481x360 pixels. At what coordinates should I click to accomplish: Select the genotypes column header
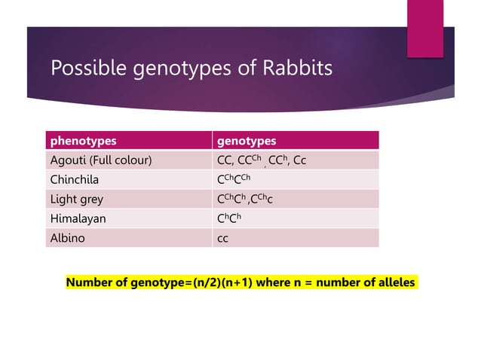246,141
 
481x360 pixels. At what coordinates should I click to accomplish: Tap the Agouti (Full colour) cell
101,160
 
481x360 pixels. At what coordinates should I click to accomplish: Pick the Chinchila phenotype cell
75,180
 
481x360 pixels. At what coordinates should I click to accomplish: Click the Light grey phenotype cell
76,200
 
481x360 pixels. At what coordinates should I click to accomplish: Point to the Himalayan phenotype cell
78,219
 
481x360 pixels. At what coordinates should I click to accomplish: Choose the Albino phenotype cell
67,238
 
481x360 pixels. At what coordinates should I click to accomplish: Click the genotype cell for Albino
223,238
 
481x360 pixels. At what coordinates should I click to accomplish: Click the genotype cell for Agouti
261,160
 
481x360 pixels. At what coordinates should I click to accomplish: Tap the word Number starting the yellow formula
90,282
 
